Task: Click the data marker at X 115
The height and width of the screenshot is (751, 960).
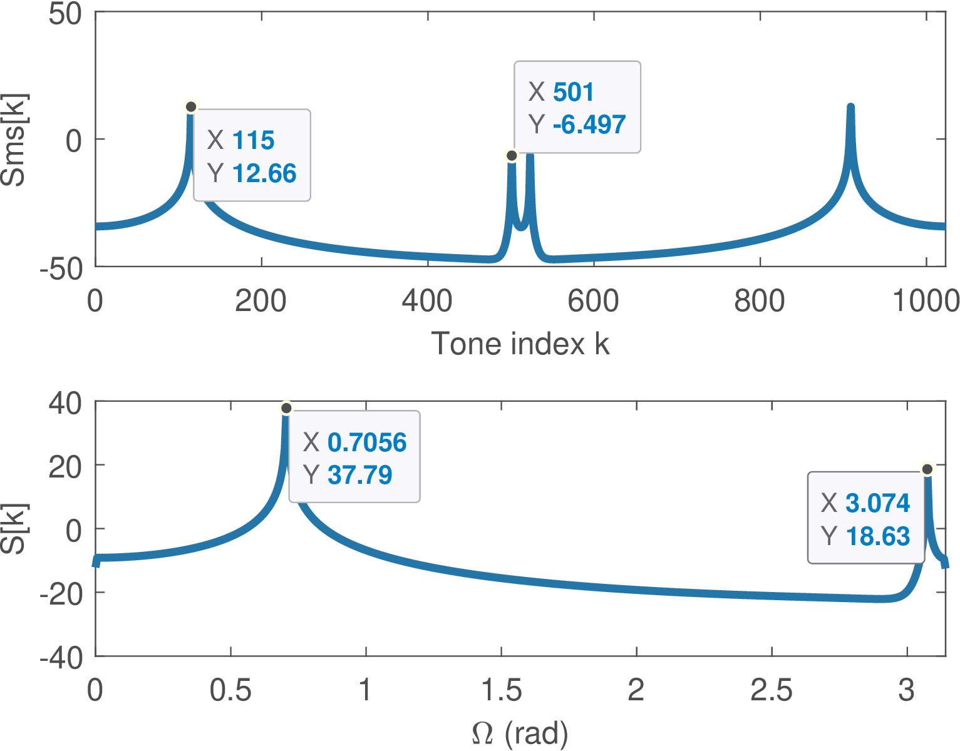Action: pyautogui.click(x=191, y=107)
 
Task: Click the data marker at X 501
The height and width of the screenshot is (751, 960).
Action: pyautogui.click(x=512, y=156)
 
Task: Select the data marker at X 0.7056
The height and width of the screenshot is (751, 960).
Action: pyautogui.click(x=286, y=409)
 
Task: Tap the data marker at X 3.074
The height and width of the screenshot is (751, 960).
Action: pyautogui.click(x=927, y=469)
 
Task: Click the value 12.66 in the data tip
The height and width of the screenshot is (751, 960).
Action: pyautogui.click(x=264, y=173)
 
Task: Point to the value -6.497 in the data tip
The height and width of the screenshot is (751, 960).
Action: pyautogui.click(x=589, y=125)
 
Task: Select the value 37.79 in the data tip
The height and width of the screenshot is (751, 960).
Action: pyautogui.click(x=359, y=475)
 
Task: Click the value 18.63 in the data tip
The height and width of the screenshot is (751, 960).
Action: pyautogui.click(x=877, y=536)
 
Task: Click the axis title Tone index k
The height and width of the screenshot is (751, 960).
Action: pyautogui.click(x=520, y=344)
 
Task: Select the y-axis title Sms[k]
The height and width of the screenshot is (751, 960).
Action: pyautogui.click(x=14, y=140)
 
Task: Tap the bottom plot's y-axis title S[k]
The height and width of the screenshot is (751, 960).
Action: pyautogui.click(x=14, y=529)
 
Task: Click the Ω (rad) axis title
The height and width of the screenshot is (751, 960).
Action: pyautogui.click(x=520, y=733)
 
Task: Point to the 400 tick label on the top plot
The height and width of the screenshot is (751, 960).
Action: pyautogui.click(x=427, y=301)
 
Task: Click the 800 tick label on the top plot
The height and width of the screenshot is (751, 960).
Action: pyautogui.click(x=759, y=301)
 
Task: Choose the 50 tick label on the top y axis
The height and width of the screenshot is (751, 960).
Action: pyautogui.click(x=65, y=14)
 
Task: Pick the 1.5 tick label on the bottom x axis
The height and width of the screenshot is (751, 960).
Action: pyautogui.click(x=501, y=690)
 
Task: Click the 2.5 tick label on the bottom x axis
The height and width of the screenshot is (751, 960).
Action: pyautogui.click(x=772, y=690)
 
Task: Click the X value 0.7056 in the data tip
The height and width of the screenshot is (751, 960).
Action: pyautogui.click(x=367, y=442)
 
